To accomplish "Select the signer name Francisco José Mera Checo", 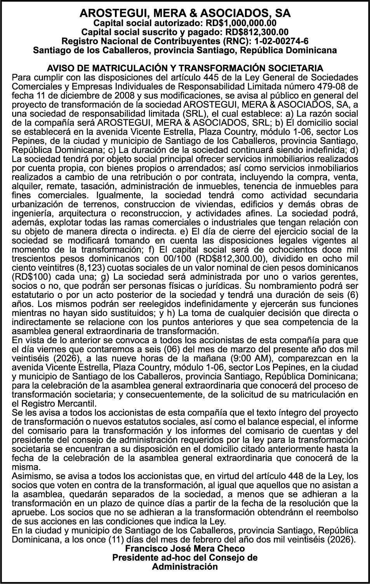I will (185, 549).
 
